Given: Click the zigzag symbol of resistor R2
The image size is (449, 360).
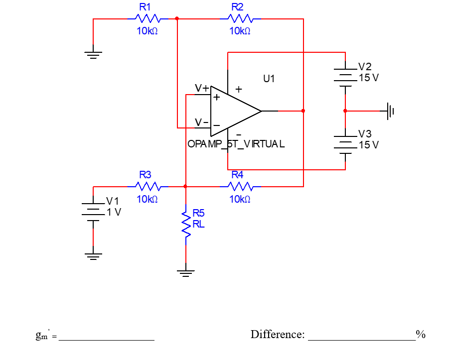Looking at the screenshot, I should [x=240, y=19].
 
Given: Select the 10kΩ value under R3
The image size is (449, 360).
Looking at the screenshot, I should [x=147, y=199].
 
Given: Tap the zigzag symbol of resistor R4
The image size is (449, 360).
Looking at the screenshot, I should [x=241, y=187].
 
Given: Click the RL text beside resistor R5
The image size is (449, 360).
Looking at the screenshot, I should [x=198, y=224].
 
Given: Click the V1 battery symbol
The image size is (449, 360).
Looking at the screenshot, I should [x=93, y=211].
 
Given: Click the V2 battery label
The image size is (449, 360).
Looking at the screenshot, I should [x=365, y=67].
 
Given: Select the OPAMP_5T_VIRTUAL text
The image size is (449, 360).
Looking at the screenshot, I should [x=236, y=144].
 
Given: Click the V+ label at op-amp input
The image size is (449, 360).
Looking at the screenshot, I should [x=202, y=88].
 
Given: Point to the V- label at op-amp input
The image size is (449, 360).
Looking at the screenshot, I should [x=201, y=122].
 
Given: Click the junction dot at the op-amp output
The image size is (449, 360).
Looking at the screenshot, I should [x=303, y=111].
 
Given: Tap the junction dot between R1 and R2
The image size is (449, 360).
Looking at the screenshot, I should [x=177, y=19].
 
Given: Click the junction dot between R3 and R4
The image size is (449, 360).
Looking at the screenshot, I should [x=185, y=187].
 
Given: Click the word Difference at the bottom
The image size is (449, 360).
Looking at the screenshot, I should [x=277, y=334].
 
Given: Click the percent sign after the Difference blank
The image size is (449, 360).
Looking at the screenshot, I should [x=421, y=334].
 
